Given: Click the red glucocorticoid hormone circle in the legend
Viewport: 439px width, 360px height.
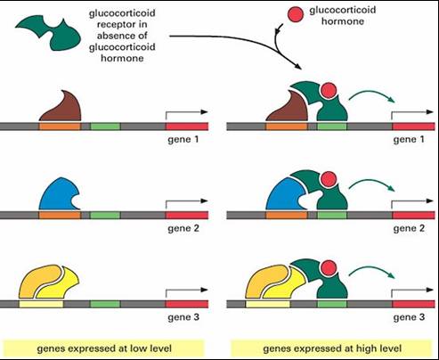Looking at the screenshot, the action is coord(296,14).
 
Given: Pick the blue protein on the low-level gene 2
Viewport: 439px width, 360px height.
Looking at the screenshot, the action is coord(58,194).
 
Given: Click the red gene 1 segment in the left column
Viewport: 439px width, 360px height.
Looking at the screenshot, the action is coord(187,127).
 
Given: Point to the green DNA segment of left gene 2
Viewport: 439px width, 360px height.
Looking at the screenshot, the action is coord(105,215).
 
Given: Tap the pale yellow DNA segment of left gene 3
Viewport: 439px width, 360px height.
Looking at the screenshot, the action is coord(41,304).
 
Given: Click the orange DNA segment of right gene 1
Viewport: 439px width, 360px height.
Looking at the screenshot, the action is coord(287,127).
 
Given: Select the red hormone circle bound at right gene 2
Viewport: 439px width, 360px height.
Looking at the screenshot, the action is coord(329,179).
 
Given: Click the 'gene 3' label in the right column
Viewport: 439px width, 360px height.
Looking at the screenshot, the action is coord(409,317).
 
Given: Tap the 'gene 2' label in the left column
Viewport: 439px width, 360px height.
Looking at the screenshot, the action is coord(183,228).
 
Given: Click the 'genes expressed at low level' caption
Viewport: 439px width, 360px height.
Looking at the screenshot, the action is coord(104,348).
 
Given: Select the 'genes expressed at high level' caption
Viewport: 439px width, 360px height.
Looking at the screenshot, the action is coord(332,348).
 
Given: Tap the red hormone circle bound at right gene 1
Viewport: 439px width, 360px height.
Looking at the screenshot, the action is coord(329,90).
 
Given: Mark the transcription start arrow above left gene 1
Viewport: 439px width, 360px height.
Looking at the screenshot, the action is coord(187,112).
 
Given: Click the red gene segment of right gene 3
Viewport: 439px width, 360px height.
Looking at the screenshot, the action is coord(413,304).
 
